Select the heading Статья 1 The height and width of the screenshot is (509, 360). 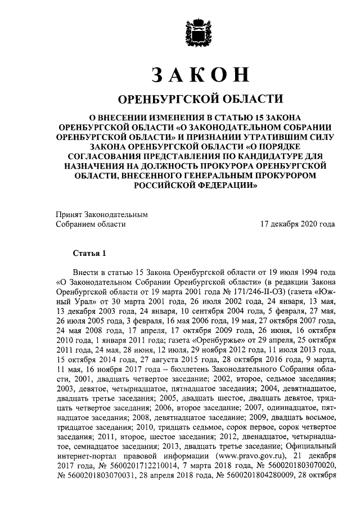[89, 251]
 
